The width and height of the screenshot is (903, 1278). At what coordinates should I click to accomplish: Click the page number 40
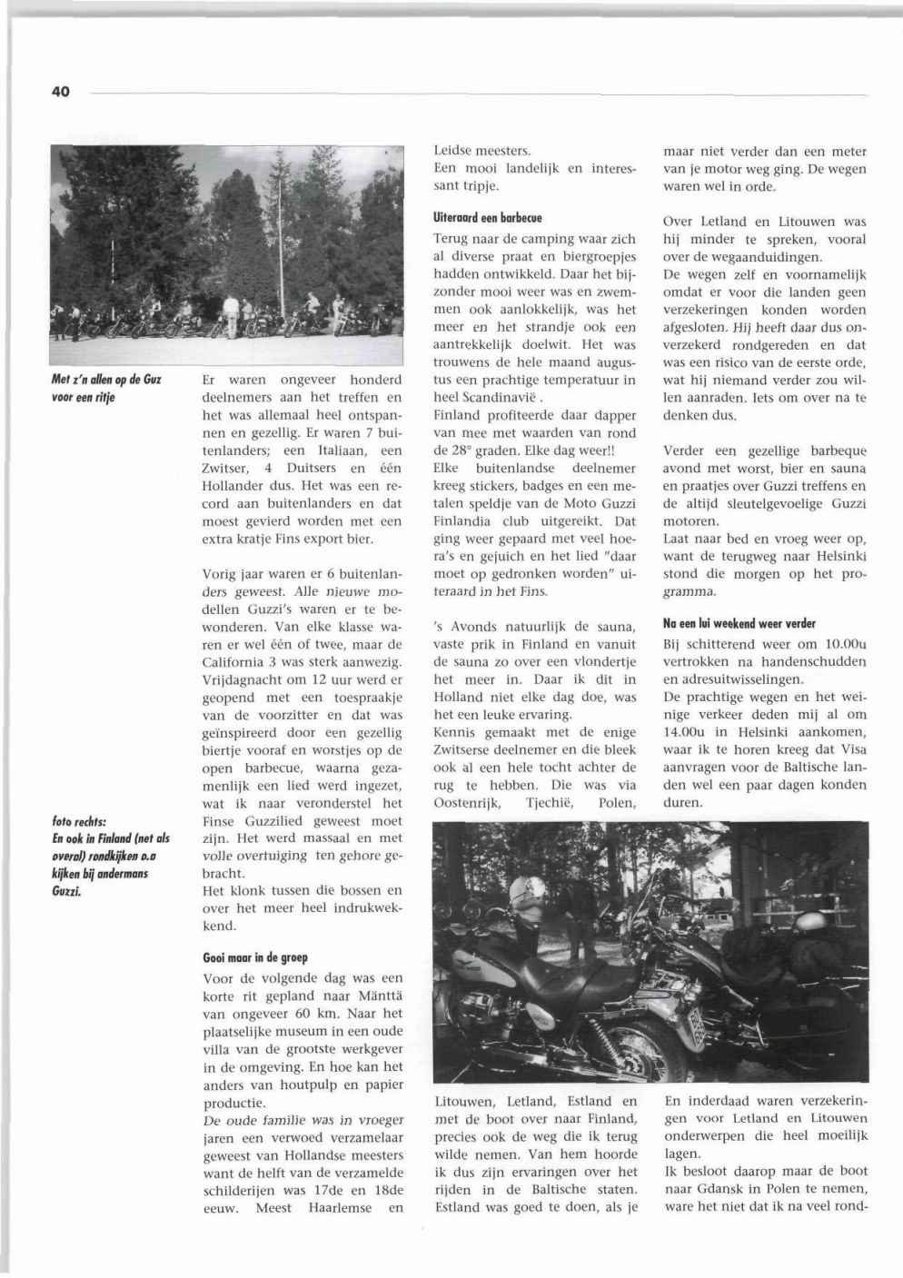(61, 91)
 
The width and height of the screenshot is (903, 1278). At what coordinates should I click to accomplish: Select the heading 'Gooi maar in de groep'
(254, 957)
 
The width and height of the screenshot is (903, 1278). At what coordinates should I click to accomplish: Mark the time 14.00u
(686, 733)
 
